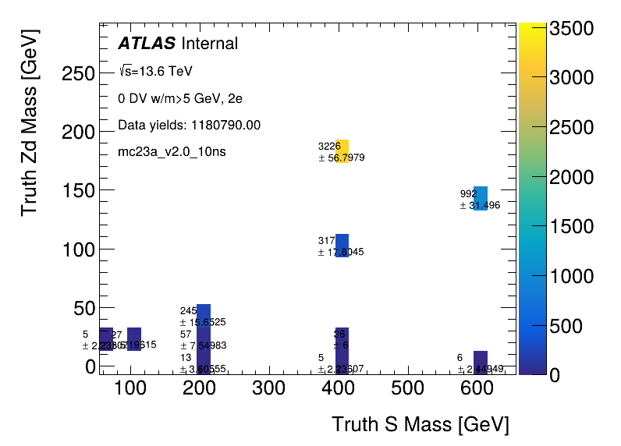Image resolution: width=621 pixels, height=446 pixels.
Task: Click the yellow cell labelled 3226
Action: point(342,151)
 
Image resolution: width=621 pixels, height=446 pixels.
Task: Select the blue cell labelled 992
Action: point(481,198)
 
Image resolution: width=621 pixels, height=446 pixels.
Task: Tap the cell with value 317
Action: point(342,245)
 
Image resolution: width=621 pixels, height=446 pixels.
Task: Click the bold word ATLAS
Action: point(147,44)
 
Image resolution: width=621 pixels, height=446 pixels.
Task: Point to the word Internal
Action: point(209,44)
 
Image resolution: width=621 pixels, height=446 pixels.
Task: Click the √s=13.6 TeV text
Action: point(155,72)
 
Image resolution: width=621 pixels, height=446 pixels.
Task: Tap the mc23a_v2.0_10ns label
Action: point(172,151)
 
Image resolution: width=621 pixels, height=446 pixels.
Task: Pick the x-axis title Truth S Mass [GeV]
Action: point(421,425)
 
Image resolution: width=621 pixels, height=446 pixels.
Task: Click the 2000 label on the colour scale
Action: point(573,177)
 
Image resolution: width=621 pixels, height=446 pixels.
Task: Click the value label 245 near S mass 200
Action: point(188,310)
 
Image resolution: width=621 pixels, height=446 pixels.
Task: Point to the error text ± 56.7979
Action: point(342,158)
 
